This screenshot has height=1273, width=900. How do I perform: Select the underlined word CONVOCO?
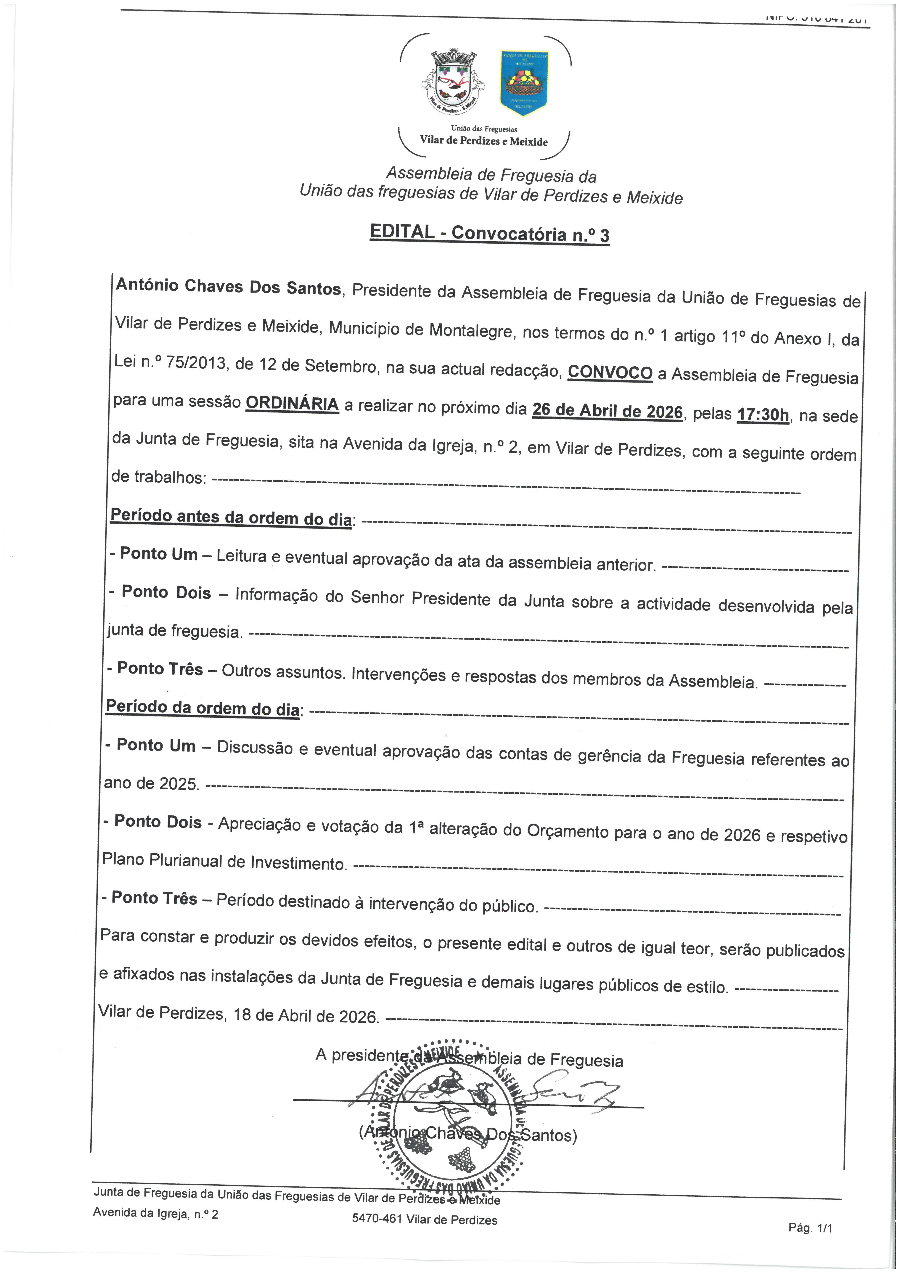[610, 372]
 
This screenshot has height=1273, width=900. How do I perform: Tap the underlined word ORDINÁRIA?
[292, 403]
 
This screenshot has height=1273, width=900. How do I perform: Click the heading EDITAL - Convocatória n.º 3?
[490, 233]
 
